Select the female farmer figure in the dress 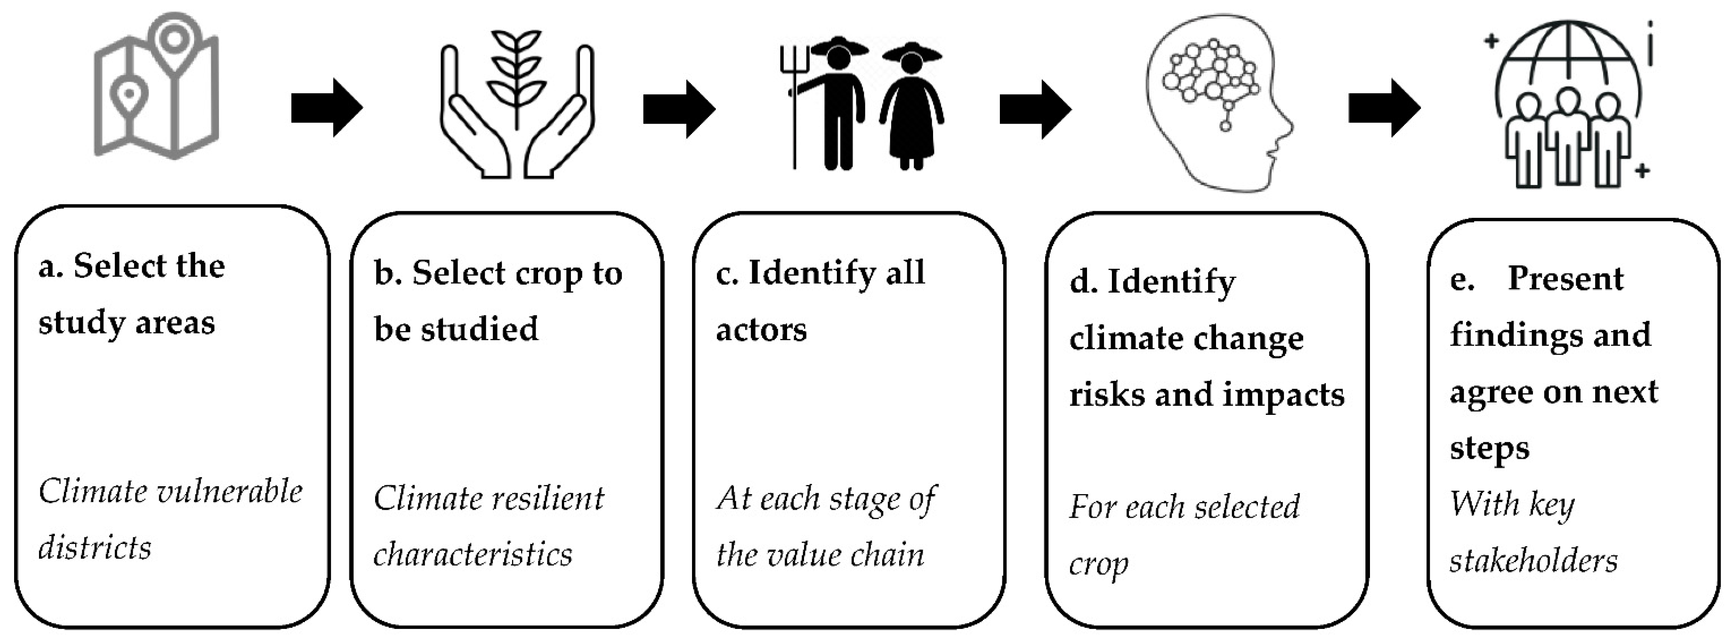click(911, 107)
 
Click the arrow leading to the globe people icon click(1384, 107)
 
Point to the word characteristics click(473, 555)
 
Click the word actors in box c click(761, 329)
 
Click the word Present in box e click(1565, 278)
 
